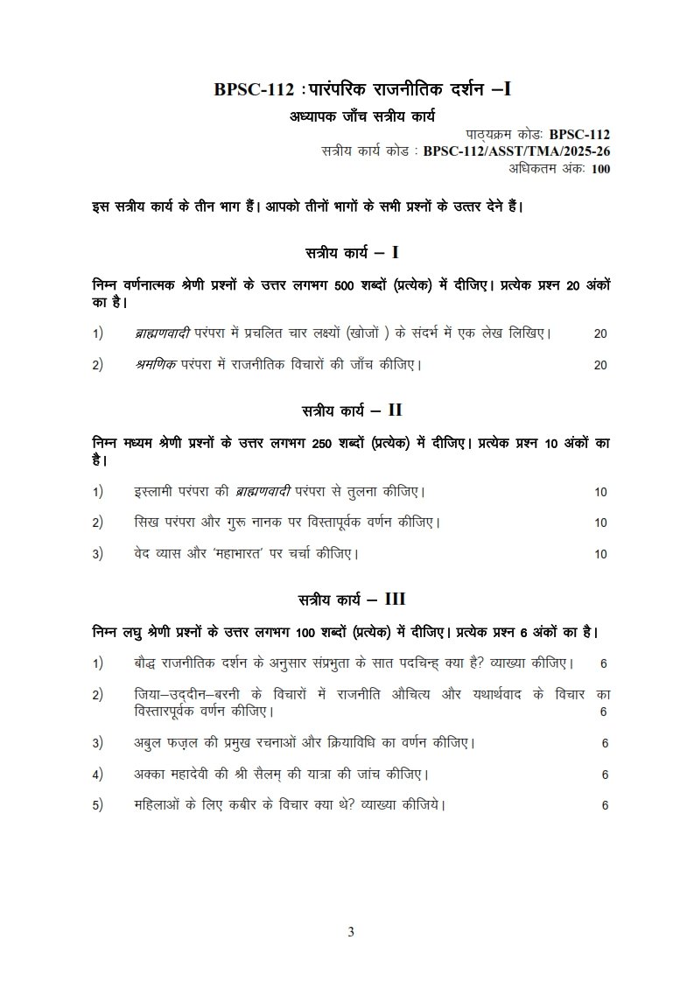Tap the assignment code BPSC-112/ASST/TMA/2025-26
coord(516,151)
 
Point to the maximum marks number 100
coord(600,169)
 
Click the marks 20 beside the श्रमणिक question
coord(599,365)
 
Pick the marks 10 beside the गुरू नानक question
coord(600,523)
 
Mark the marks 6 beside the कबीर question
coord(605,805)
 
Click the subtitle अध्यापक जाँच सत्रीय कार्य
coord(362,116)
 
